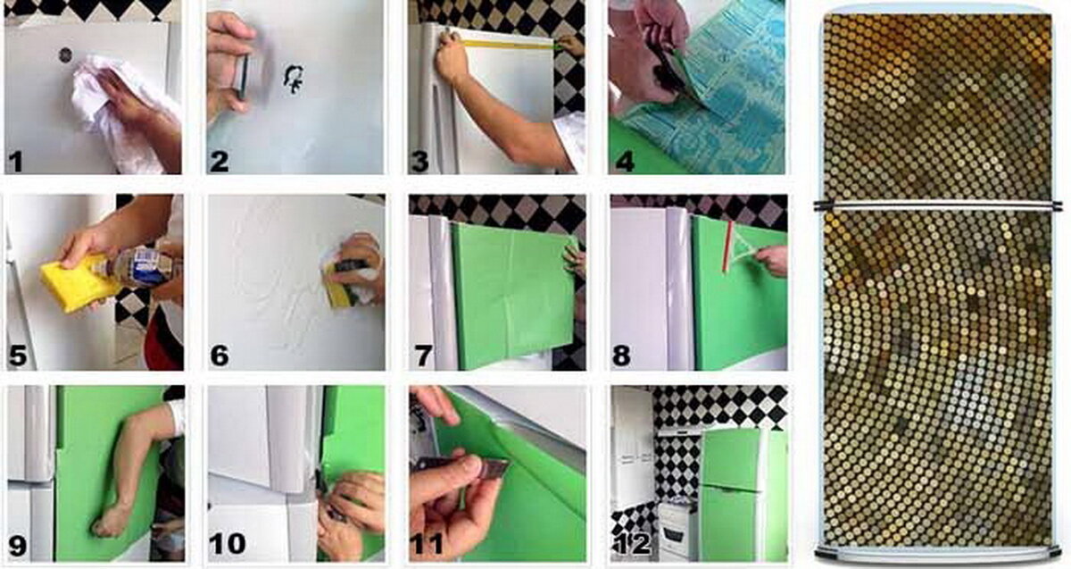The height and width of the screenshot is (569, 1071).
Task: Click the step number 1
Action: coord(16,162)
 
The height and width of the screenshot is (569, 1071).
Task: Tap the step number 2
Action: coord(219,162)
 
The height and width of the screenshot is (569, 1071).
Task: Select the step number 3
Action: coord(419,162)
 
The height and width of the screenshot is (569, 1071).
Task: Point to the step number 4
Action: coord(625,162)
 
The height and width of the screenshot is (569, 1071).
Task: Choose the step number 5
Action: coord(18,356)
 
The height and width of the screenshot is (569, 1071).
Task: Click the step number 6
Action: coord(220,356)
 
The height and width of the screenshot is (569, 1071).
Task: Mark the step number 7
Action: coord(423,356)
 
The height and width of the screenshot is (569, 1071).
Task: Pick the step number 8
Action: coord(621,356)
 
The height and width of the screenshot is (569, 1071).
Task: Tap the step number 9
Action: coord(18,547)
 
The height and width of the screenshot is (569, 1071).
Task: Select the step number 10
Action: coord(227,544)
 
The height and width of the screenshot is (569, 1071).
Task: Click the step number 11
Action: coord(428,544)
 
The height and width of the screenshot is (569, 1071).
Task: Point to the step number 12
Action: coord(632,544)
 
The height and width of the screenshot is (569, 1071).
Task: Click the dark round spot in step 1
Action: coord(65,55)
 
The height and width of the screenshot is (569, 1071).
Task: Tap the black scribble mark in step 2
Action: coord(293,79)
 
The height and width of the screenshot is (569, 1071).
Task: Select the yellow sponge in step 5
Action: coord(77,284)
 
